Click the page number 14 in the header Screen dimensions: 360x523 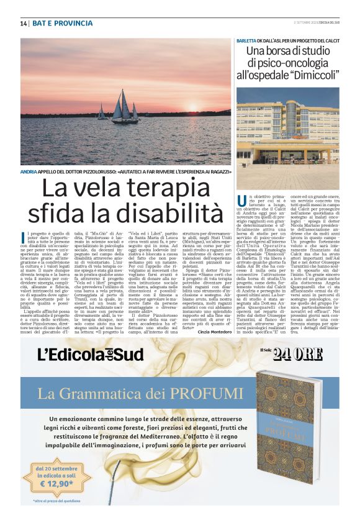[x=23, y=24]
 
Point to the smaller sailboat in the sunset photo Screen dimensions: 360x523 [x=101, y=112]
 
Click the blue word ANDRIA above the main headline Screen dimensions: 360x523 [x=29, y=171]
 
